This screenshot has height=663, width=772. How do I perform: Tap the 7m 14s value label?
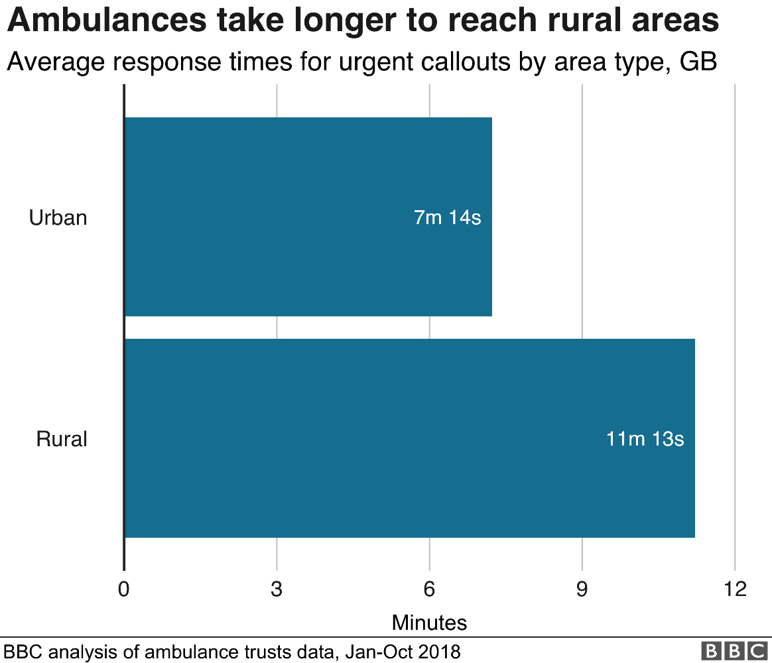pyautogui.click(x=447, y=217)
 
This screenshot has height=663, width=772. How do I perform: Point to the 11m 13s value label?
pyautogui.click(x=645, y=439)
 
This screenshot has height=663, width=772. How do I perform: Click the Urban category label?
pyautogui.click(x=58, y=217)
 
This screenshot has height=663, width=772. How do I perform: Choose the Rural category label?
pyautogui.click(x=62, y=439)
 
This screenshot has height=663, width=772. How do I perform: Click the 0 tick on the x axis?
pyautogui.click(x=124, y=589)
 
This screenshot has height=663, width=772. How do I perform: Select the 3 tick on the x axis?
pyautogui.click(x=277, y=589)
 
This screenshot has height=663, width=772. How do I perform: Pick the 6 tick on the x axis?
pyautogui.click(x=429, y=589)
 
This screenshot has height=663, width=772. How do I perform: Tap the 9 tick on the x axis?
pyautogui.click(x=582, y=589)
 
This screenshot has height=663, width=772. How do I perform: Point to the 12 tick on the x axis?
pyautogui.click(x=734, y=589)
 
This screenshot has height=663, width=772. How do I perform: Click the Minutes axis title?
pyautogui.click(x=429, y=623)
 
